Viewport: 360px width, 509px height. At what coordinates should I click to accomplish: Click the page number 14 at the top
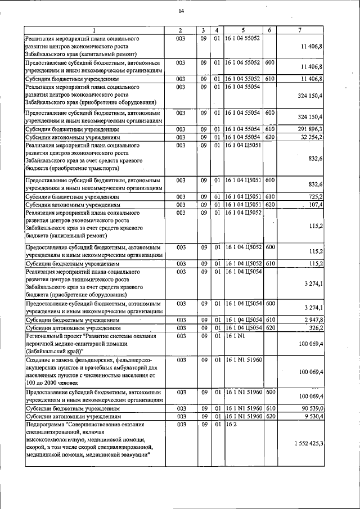coord(181,11)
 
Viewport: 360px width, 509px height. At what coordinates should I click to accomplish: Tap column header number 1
coord(94,30)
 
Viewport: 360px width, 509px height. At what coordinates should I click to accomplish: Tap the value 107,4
coord(314,205)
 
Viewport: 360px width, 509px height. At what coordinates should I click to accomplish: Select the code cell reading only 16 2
coord(230,425)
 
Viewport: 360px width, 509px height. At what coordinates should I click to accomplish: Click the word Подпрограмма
coord(44,425)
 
